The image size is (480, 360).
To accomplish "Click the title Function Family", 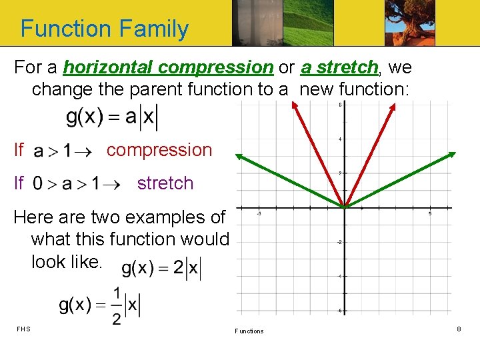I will point(105,29).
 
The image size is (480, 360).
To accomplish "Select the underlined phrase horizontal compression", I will point(168,67).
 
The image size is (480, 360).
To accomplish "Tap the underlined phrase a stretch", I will point(339,67).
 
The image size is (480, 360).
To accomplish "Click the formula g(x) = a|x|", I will point(111,117).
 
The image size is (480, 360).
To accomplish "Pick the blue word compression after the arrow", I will point(159,150).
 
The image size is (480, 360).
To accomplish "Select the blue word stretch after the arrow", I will point(165,183).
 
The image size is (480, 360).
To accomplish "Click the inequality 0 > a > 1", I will point(73,184).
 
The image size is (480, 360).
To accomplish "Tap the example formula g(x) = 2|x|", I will point(161,269).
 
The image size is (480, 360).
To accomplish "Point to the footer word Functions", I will point(249,331).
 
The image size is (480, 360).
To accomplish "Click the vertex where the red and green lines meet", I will point(345,207).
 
